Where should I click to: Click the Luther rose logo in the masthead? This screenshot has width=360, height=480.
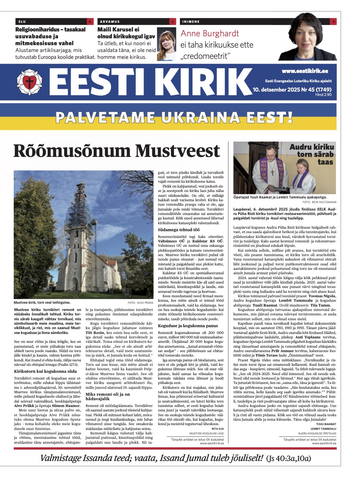click(x=29, y=82)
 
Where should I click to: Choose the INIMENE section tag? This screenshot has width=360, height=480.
click(x=191, y=21)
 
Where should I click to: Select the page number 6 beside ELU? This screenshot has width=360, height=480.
click(x=90, y=21)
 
